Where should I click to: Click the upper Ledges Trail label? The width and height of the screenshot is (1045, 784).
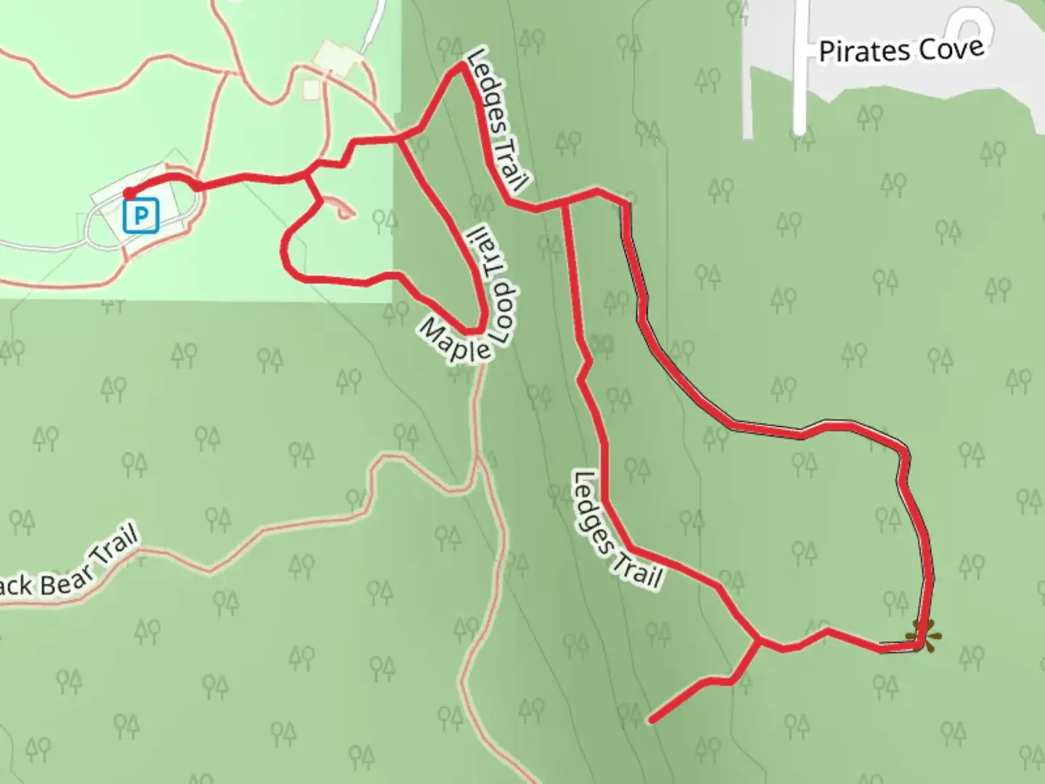[499, 120]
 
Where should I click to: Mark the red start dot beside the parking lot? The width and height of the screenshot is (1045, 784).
[128, 193]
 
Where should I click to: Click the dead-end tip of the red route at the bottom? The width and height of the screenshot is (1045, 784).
[651, 721]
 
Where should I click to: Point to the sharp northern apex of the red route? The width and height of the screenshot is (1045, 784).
[462, 65]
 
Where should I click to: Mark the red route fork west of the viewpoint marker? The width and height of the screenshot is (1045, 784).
[758, 641]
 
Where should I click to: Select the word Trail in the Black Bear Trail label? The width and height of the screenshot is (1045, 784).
[116, 552]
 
